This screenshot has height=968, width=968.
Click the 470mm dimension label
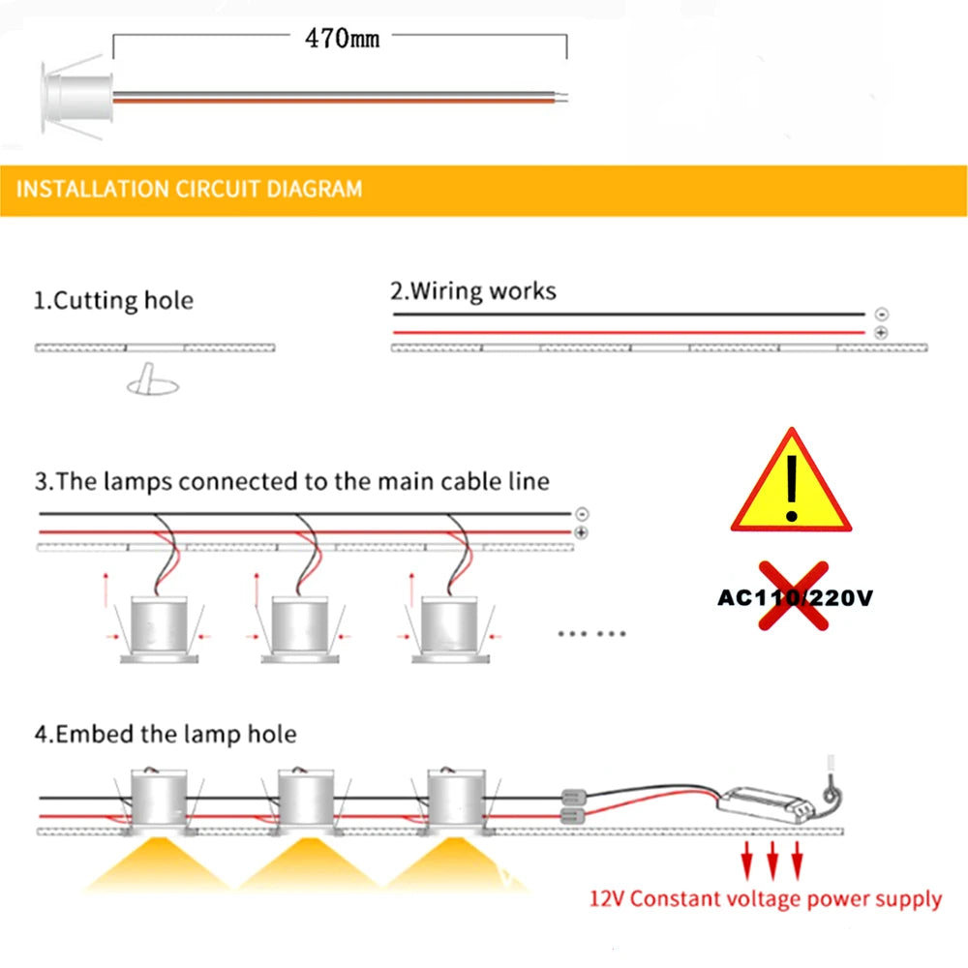[342, 40]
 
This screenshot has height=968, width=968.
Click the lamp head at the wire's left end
[78, 96]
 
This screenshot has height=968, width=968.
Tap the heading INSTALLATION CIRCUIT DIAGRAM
[190, 188]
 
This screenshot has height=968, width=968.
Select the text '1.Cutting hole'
[113, 300]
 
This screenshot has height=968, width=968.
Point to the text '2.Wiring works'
[473, 290]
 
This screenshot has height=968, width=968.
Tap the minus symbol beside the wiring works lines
[881, 315]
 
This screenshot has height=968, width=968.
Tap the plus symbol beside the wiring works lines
[881, 333]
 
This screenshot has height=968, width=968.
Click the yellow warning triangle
[791, 484]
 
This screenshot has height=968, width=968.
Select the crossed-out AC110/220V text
[794, 597]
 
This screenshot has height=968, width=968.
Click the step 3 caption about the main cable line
[292, 481]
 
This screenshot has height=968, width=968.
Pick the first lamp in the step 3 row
[158, 629]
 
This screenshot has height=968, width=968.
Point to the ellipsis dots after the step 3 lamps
[592, 634]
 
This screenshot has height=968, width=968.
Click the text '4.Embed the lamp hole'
[166, 734]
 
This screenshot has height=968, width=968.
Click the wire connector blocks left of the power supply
[573, 808]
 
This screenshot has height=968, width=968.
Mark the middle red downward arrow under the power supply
[772, 859]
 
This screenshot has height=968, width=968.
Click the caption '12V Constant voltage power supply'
[765, 899]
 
